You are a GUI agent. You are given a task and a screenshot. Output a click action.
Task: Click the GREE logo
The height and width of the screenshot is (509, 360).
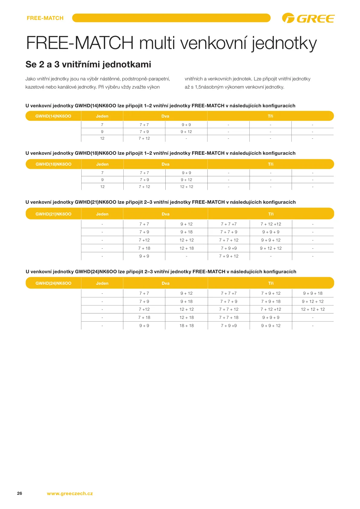point(308,18)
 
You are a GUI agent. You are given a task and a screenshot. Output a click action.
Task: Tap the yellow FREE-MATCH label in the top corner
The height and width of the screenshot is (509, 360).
point(45,18)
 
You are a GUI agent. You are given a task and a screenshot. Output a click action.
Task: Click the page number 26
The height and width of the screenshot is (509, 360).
point(20,493)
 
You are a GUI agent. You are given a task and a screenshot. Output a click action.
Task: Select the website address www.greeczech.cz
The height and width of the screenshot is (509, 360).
point(70,494)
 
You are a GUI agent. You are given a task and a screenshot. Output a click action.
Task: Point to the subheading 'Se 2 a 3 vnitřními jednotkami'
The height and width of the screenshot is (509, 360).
point(88,64)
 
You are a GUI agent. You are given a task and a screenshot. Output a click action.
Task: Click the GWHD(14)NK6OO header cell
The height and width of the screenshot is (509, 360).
point(53,116)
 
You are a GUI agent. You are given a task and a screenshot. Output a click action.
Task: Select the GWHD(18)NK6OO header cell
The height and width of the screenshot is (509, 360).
point(54,164)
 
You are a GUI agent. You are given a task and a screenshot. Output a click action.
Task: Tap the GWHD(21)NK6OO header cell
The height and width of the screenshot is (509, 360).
point(54,214)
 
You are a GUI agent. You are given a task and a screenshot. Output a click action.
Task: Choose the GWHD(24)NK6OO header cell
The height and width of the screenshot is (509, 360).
point(54,283)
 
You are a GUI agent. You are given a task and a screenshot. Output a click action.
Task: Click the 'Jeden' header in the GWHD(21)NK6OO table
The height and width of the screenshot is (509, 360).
point(102,214)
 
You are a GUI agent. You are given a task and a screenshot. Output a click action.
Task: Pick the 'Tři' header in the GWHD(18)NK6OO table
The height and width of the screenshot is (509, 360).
point(271,164)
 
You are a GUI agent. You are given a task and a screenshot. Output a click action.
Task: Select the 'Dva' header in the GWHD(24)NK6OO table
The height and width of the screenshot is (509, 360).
point(165,283)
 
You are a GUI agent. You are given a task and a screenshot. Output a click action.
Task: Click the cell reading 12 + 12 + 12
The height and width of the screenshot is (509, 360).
point(313,309)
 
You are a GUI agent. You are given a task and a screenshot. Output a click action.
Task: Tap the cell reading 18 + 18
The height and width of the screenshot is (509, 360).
point(186,326)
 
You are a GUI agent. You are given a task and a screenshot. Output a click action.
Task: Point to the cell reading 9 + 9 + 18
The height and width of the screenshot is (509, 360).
point(313,293)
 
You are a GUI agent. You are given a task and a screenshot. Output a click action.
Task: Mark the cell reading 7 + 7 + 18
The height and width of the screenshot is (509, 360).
point(229,317)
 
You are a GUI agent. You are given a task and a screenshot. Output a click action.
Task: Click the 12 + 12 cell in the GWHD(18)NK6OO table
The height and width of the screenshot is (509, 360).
point(186,186)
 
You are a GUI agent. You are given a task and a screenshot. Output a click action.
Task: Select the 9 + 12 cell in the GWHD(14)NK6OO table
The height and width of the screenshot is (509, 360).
point(186,131)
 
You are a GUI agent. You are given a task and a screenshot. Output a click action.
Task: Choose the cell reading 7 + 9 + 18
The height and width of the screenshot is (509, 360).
point(271,301)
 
